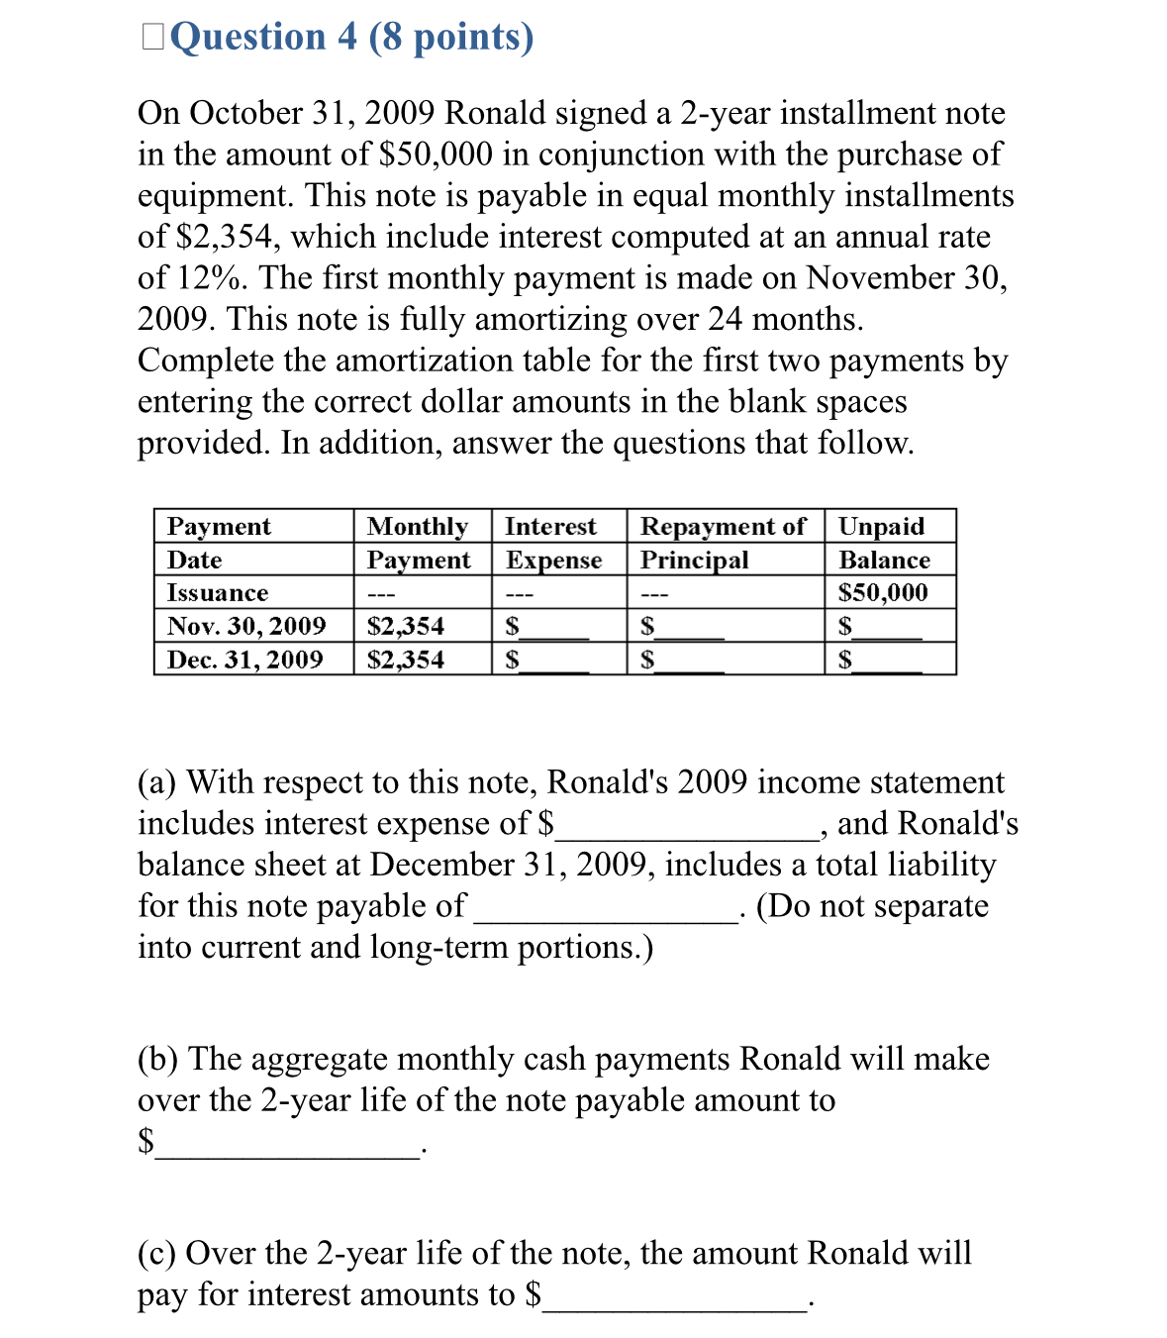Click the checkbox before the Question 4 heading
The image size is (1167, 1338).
click(153, 37)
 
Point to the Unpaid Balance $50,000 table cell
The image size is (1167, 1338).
click(883, 593)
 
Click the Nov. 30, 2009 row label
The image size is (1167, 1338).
click(246, 626)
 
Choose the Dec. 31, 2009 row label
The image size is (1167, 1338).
click(245, 660)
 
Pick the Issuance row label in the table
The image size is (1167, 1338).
click(218, 593)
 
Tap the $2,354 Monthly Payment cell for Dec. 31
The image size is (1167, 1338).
click(406, 660)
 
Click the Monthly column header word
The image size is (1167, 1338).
click(417, 526)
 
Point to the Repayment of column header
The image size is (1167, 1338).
click(723, 526)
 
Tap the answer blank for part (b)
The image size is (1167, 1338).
click(287, 1145)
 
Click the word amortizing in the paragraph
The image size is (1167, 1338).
click(549, 320)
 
